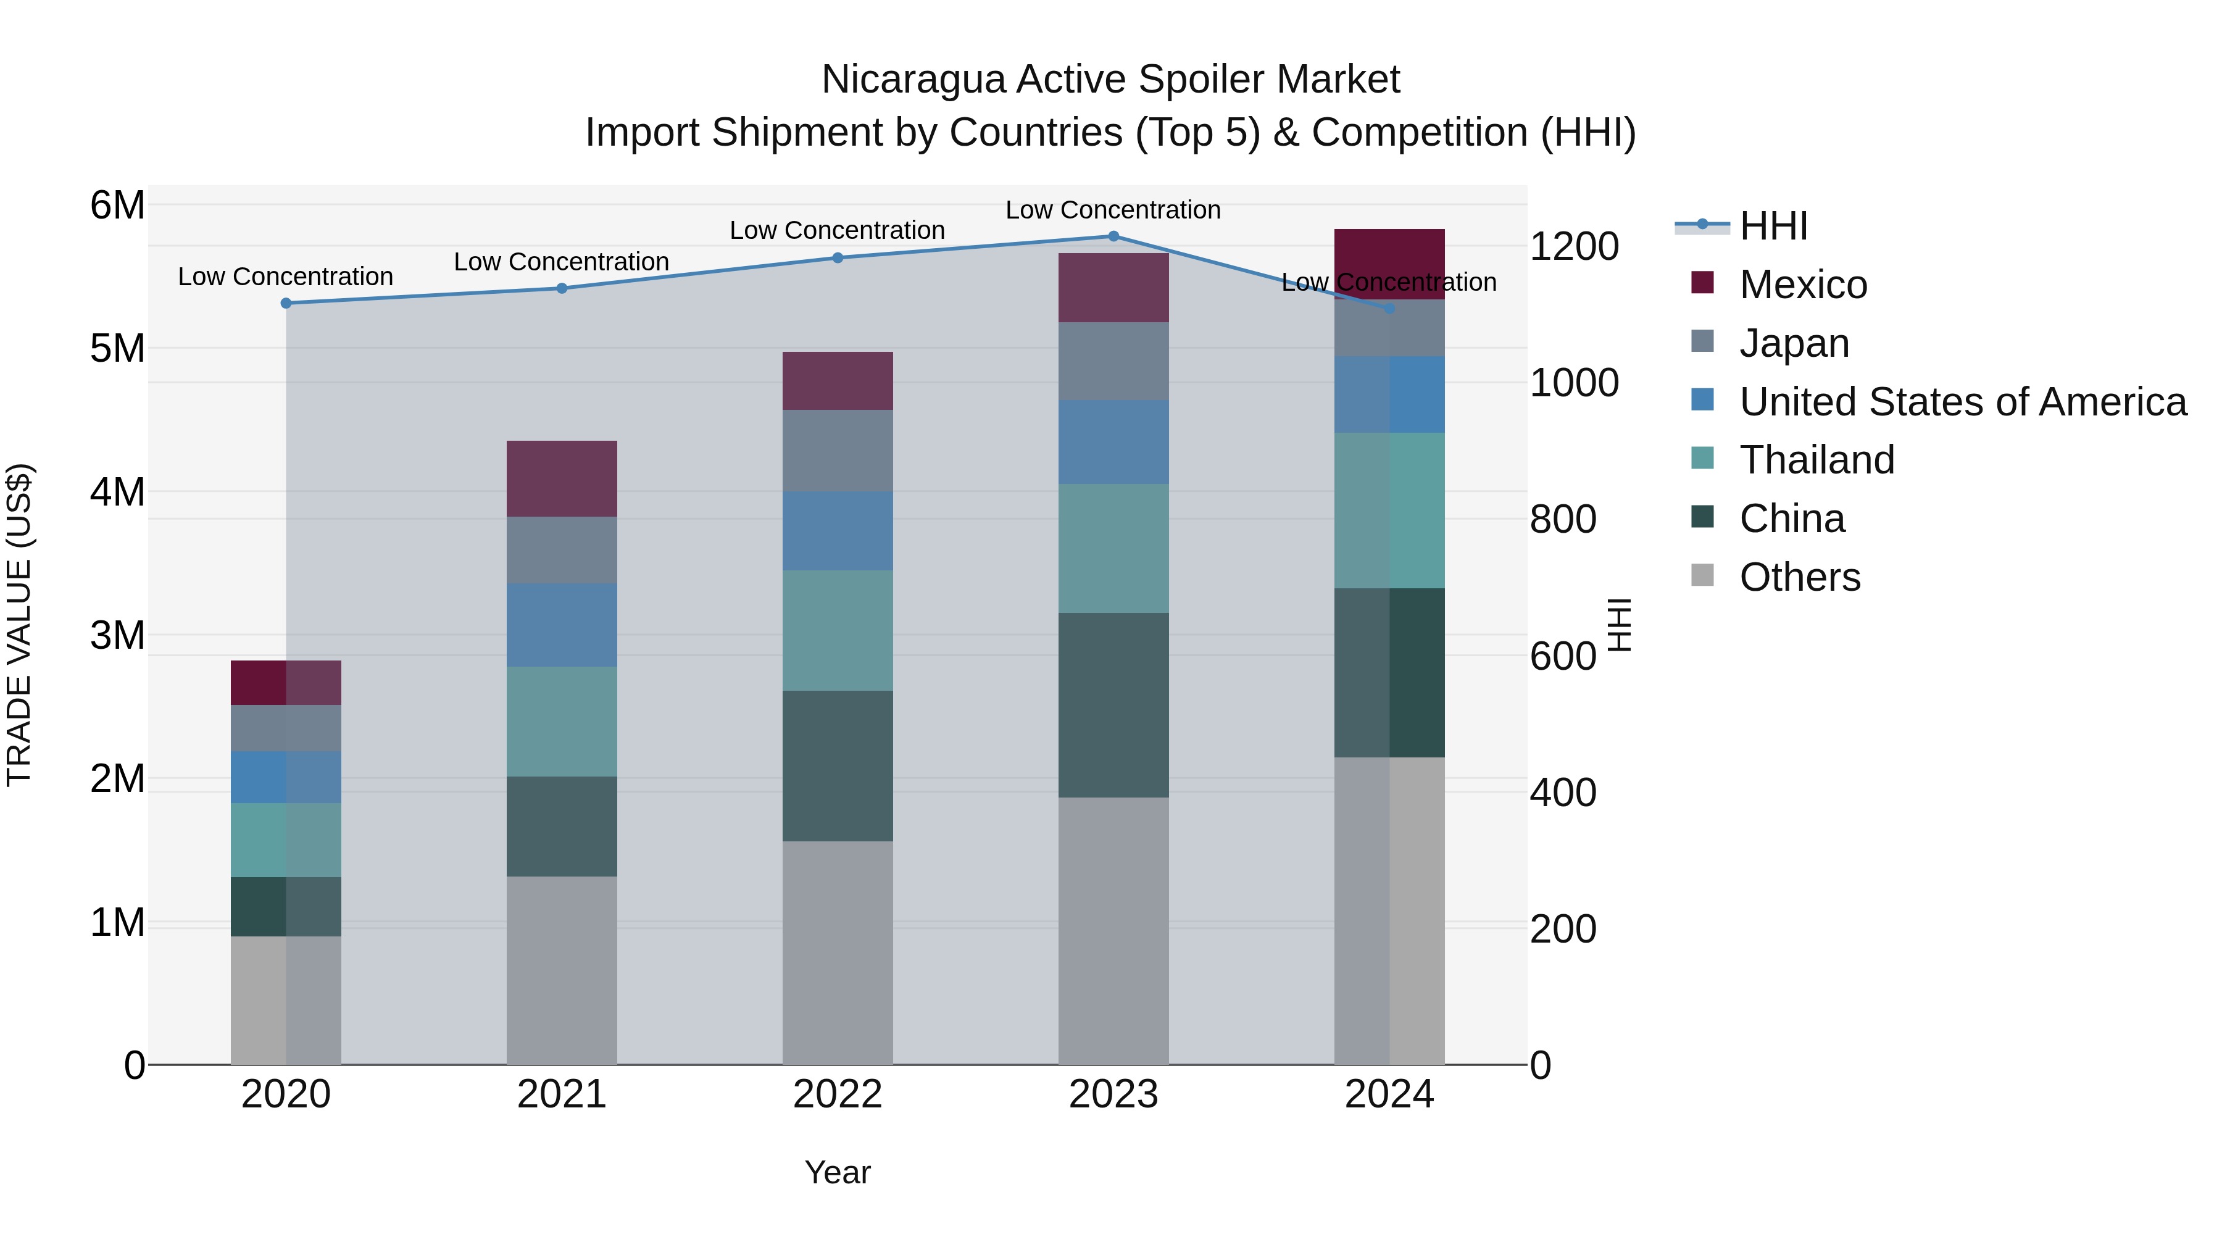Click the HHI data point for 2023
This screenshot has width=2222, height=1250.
1113,236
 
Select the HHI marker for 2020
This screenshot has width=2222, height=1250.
286,304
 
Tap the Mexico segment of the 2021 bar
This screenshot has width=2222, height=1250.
562,479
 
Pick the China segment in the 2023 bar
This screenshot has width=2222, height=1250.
1113,705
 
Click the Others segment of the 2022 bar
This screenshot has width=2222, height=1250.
837,952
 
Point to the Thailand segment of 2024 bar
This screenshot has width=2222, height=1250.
1389,510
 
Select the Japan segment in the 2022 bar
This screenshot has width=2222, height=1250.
837,451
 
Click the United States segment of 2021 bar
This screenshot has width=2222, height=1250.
562,625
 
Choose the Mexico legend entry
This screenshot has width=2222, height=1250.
1803,285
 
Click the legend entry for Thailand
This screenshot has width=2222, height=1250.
1816,460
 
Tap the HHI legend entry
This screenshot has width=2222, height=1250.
1773,226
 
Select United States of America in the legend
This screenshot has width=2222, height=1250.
1962,402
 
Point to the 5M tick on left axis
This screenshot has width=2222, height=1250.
117,349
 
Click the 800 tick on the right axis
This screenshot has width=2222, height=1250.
1563,519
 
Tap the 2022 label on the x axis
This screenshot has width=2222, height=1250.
837,1094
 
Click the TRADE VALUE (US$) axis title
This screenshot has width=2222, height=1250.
20,625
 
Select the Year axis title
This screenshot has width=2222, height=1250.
837,1172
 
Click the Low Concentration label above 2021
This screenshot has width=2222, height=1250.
562,261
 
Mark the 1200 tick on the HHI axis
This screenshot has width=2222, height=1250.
1573,247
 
